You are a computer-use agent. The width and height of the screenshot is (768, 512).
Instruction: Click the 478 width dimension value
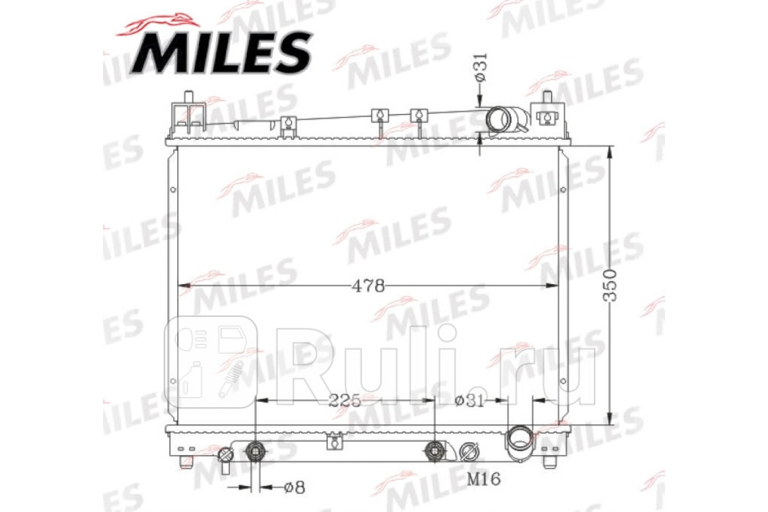coord(368,285)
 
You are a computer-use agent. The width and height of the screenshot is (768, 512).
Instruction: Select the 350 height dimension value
coord(609,285)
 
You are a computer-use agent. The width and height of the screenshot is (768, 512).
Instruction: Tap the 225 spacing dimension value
coord(344,400)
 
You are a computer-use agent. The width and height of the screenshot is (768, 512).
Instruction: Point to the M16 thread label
coord(484,479)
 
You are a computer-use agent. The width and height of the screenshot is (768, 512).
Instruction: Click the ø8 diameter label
coord(294,487)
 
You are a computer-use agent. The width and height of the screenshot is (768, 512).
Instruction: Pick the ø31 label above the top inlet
coord(481,68)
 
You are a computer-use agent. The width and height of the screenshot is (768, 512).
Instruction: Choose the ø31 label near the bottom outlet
coord(470,401)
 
